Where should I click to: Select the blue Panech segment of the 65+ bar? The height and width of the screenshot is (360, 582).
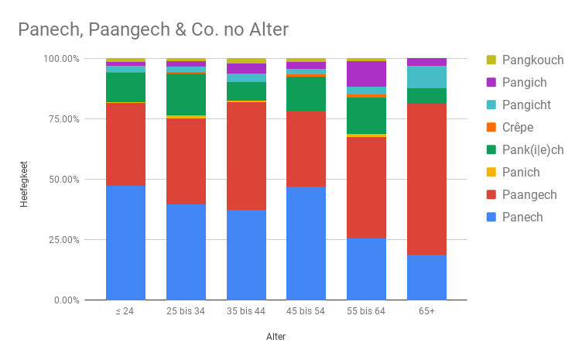[426, 277]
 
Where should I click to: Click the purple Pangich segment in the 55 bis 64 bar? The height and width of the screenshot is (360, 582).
[366, 74]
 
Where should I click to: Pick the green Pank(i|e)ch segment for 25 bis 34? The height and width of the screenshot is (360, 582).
[186, 94]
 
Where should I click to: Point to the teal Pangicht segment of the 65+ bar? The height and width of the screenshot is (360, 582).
[426, 77]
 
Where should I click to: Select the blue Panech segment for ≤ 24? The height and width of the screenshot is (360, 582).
[125, 242]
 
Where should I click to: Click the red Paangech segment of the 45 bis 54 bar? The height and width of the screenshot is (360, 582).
[306, 149]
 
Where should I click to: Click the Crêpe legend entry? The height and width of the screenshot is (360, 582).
[517, 127]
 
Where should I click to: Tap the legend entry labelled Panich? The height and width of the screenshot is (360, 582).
[520, 172]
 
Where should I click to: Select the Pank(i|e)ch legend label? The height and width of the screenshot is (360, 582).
[532, 149]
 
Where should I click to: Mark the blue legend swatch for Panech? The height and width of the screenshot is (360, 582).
[491, 217]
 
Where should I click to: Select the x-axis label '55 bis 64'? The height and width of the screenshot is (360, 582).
[366, 311]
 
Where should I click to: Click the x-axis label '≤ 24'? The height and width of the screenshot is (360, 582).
[125, 311]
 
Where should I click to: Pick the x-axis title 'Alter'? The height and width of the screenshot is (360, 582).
[276, 337]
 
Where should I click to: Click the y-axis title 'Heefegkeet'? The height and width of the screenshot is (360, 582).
[23, 179]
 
